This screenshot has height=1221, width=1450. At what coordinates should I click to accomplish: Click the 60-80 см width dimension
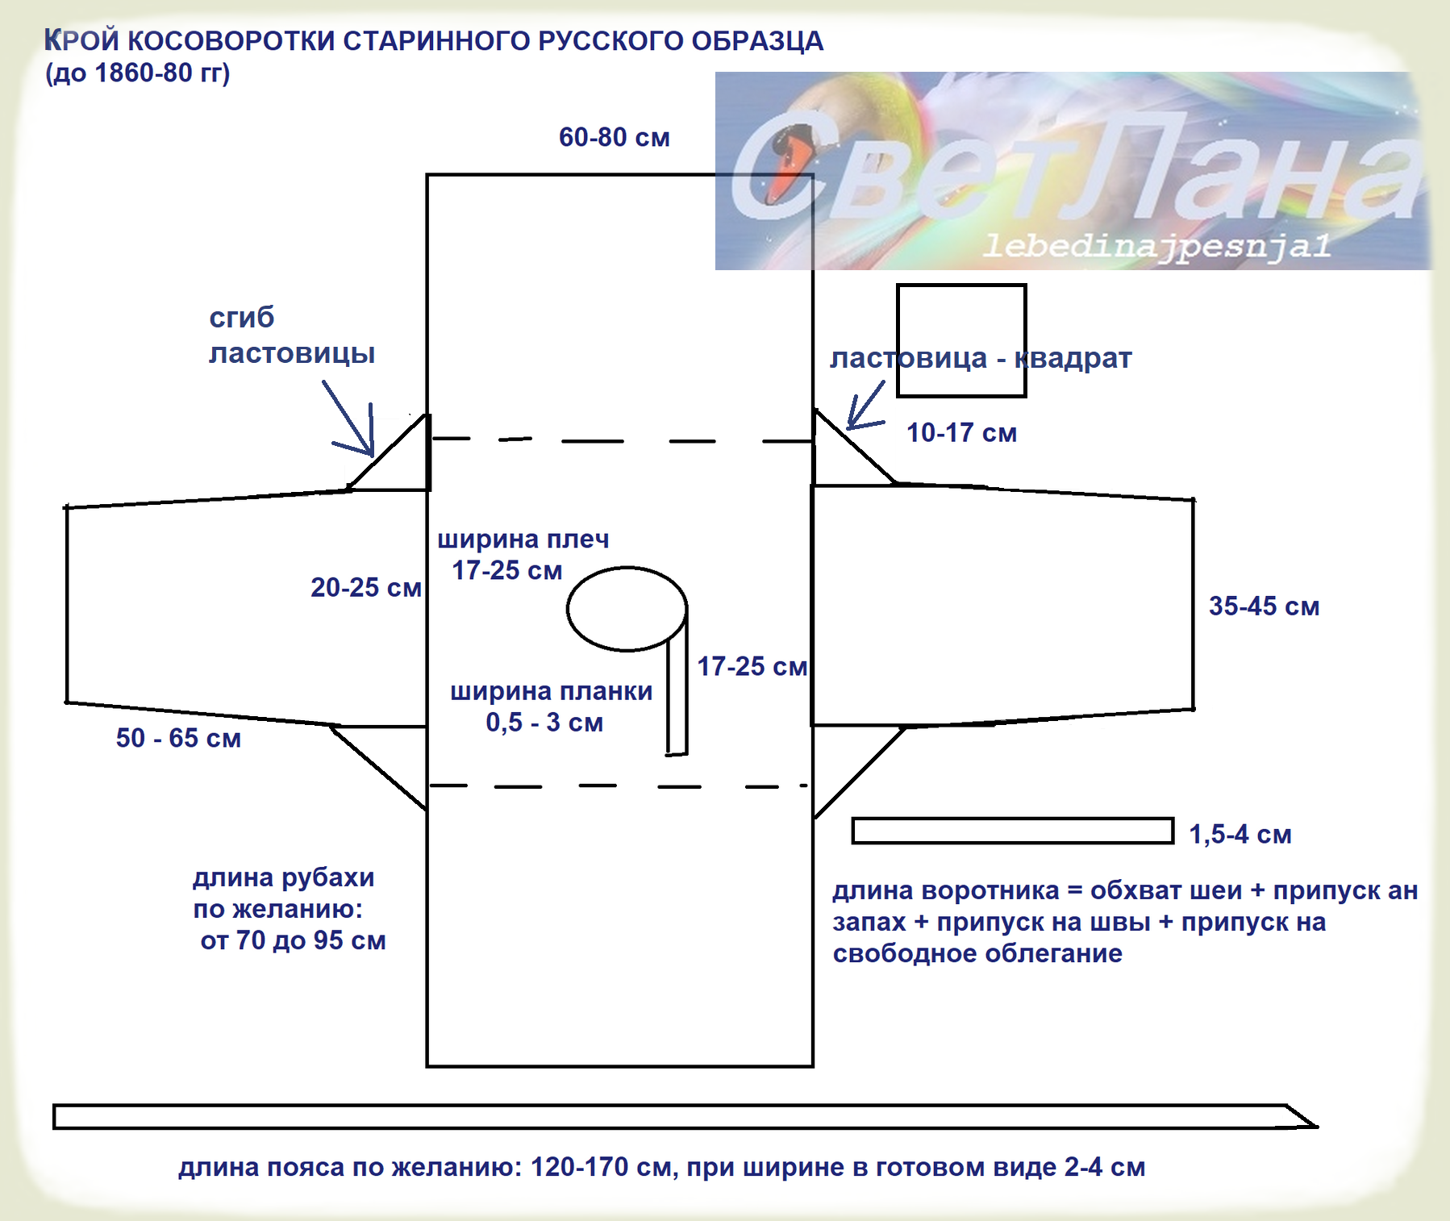614,138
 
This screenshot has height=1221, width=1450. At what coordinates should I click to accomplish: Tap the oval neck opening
627,609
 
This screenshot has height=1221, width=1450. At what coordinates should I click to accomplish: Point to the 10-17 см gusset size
961,433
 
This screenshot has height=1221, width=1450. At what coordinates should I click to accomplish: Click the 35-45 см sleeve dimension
1264,606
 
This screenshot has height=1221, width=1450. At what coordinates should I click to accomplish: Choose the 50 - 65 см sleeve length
178,738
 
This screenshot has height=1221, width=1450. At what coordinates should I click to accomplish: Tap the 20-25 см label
365,588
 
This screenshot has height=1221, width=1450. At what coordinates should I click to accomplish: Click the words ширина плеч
523,539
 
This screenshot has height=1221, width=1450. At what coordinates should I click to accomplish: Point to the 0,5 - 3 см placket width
544,723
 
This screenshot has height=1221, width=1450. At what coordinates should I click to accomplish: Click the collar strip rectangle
1012,831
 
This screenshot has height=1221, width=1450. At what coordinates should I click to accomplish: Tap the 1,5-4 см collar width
1240,834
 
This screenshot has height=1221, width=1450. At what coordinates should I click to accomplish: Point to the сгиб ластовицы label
291,335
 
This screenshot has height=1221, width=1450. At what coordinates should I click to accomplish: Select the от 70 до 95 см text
293,940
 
